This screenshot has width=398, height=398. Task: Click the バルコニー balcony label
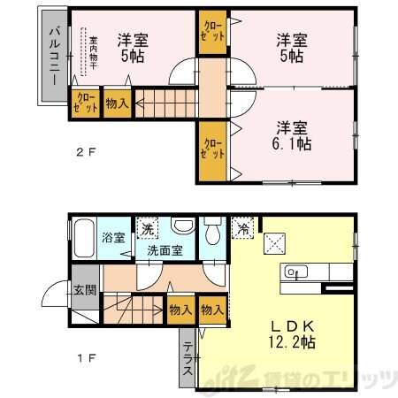[54, 56]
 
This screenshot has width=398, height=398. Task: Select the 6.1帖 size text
[288, 142]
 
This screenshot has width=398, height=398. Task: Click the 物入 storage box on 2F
[117, 103]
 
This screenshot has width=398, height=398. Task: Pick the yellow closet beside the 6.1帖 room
[211, 149]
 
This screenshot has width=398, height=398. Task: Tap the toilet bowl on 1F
[212, 234]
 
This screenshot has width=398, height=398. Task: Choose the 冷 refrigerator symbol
[241, 228]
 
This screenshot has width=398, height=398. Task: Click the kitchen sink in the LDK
[295, 271]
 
